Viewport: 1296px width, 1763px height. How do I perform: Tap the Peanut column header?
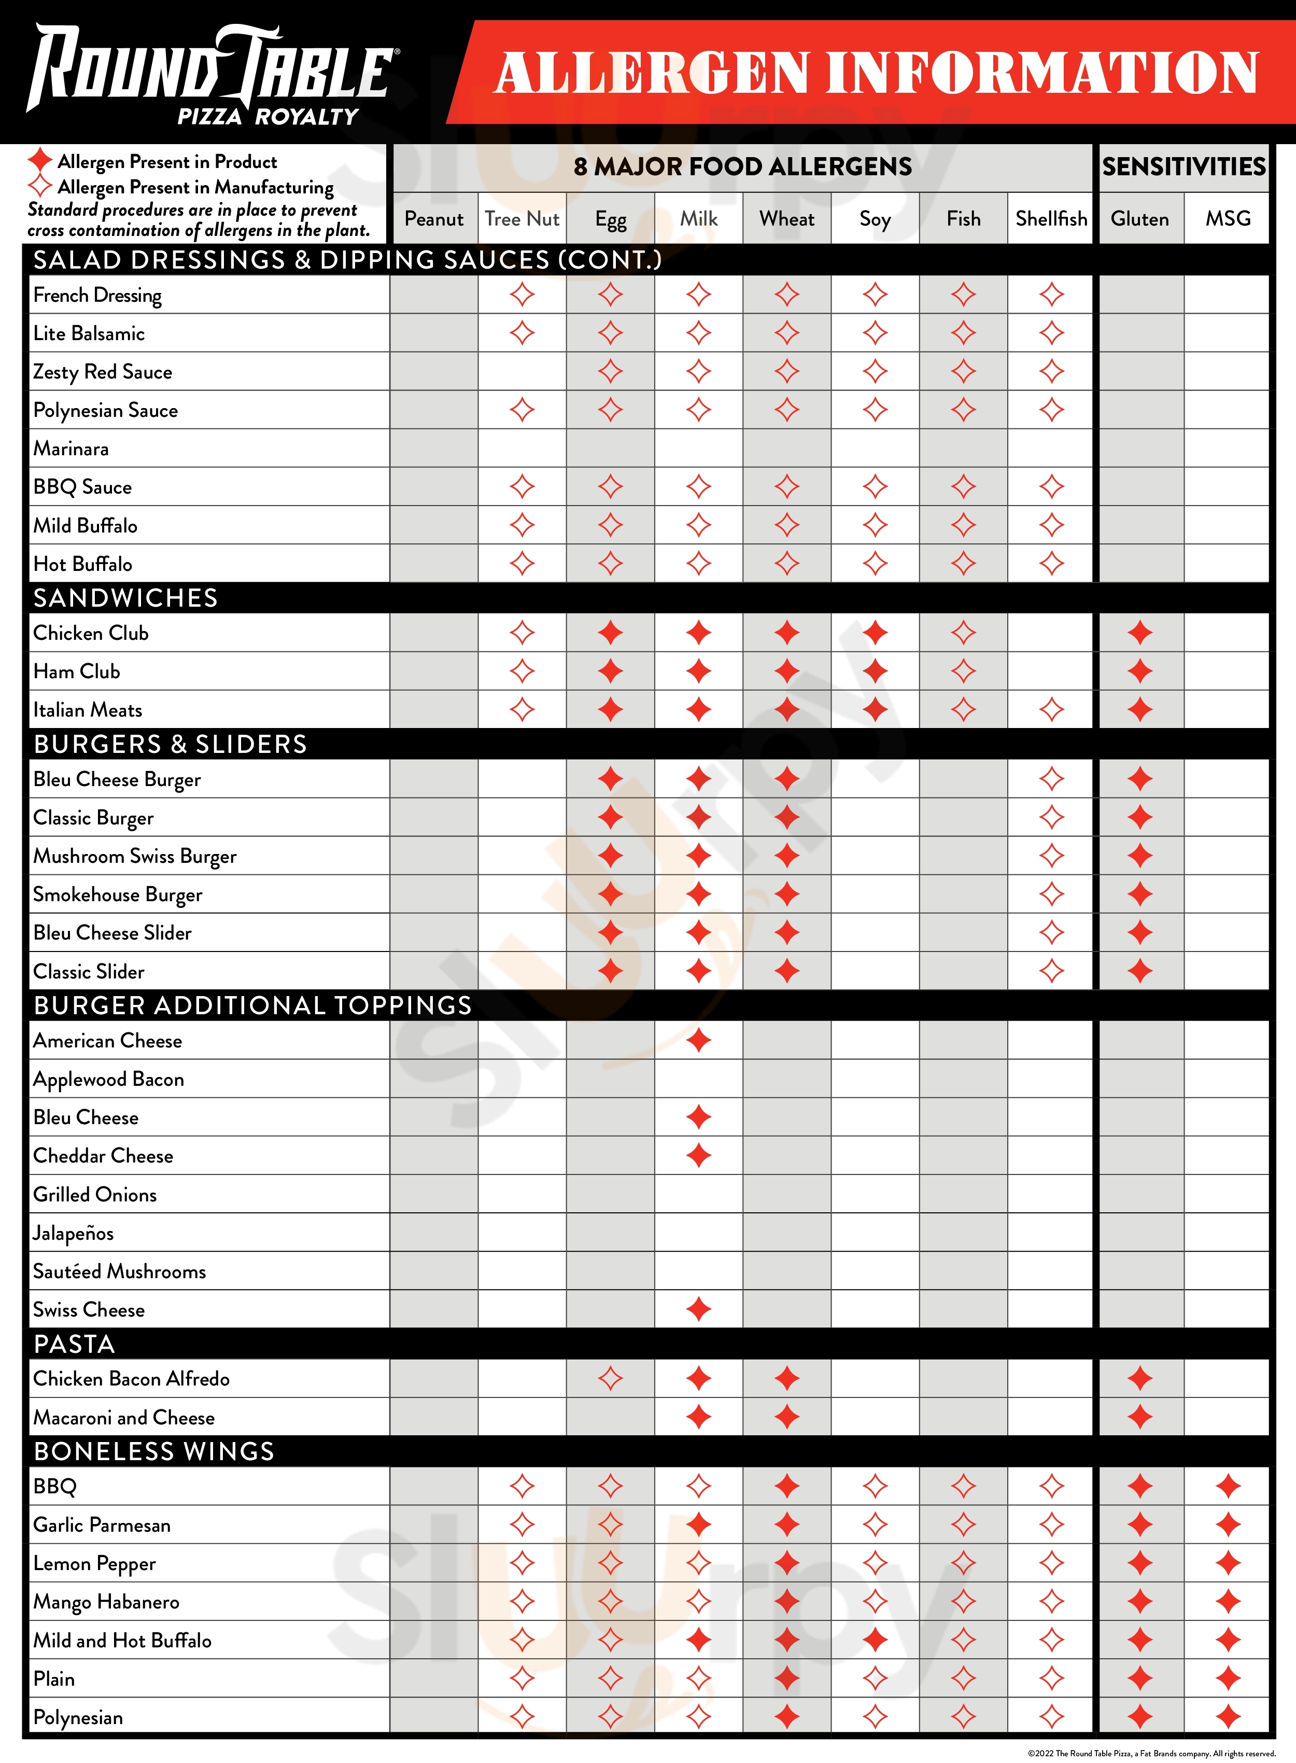[x=434, y=219]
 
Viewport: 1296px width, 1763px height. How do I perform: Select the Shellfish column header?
[x=1051, y=219]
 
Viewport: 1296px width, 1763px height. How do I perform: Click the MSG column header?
[x=1228, y=219]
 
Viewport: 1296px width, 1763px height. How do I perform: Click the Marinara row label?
[x=72, y=449]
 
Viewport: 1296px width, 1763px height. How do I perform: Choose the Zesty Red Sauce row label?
[x=103, y=372]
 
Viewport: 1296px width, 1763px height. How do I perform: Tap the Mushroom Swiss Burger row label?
[x=135, y=856]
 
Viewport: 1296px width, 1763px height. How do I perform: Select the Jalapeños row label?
[x=74, y=1234]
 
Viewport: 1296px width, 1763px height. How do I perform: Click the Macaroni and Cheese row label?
[x=124, y=1418]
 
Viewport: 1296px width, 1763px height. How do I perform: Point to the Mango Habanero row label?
[x=107, y=1602]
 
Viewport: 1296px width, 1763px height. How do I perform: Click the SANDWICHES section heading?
[x=125, y=598]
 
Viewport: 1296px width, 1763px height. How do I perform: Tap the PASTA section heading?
[x=75, y=1344]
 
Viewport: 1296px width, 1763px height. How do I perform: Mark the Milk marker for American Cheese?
[x=698, y=1040]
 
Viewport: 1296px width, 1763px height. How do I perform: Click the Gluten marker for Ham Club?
[x=1140, y=671]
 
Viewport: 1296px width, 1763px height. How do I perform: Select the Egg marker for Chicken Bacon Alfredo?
[x=610, y=1379]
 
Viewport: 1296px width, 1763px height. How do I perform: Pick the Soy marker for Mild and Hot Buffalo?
[x=875, y=1640]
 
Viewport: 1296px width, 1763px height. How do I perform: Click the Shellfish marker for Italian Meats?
[x=1051, y=710]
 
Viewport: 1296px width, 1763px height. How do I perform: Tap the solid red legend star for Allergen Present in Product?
[x=40, y=161]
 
